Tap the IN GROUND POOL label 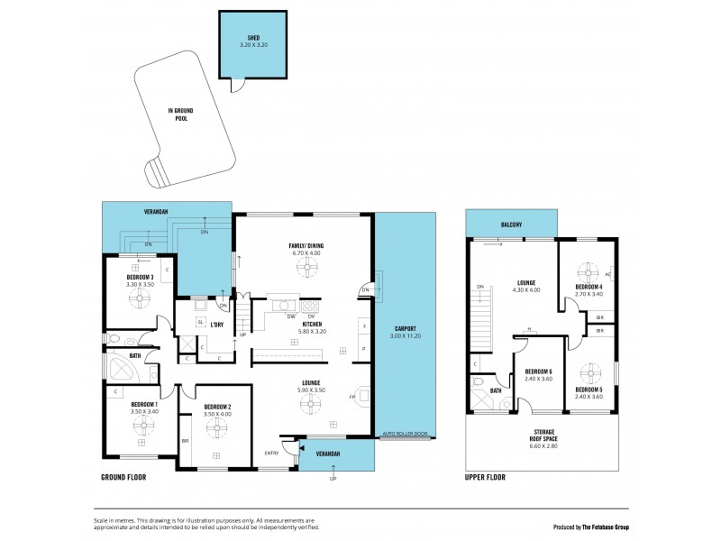tap(181, 115)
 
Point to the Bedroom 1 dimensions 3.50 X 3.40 tap(144, 411)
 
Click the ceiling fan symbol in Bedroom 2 tap(216, 430)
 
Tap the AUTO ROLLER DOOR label tap(403, 435)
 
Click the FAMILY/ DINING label tap(306, 245)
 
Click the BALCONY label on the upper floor tap(510, 225)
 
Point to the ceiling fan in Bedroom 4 tap(589, 272)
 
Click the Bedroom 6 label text tap(538, 371)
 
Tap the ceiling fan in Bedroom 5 tap(589, 373)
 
